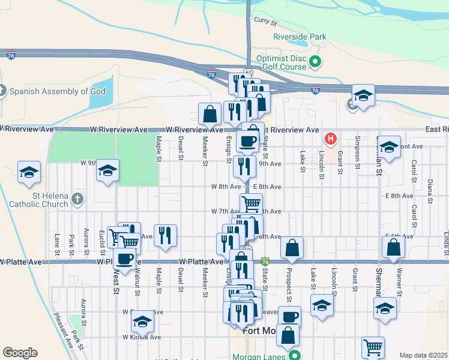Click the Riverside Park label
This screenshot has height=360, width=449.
coord(300,37)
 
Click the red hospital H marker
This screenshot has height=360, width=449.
coord(330,140)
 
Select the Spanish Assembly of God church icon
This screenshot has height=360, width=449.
coord(2,91)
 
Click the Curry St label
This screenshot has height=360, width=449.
coord(264,22)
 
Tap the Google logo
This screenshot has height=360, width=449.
coord(20,353)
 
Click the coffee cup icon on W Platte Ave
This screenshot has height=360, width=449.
coord(124,259)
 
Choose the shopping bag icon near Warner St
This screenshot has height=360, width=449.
coord(393,247)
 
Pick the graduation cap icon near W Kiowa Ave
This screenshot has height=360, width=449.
coord(142,322)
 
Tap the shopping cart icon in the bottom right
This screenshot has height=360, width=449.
coord(373,347)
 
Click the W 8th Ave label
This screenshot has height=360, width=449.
coord(221,187)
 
